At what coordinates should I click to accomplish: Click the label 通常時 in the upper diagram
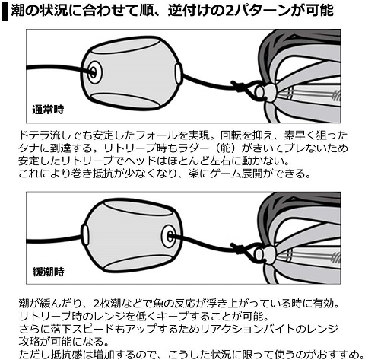tap(48, 110)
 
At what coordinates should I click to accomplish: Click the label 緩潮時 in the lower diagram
tap(48, 272)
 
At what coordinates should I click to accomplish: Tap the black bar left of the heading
tap(5, 11)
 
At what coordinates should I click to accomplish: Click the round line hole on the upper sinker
tap(94, 72)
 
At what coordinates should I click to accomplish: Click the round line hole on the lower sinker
tap(169, 237)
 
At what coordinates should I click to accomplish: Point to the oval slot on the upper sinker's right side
tap(179, 73)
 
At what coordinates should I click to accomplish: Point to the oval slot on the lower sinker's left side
tap(85, 234)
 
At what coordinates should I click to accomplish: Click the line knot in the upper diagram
tap(237, 87)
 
